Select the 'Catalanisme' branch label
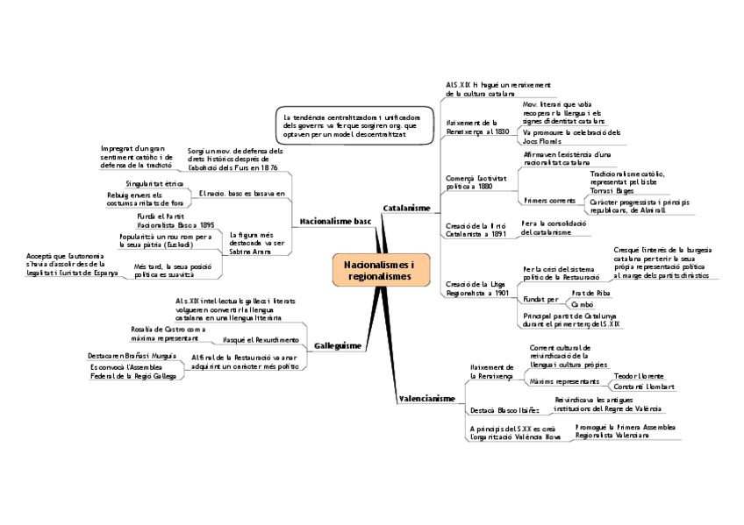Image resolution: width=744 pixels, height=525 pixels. pyautogui.click(x=406, y=208)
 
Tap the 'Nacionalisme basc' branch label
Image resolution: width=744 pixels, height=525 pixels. pyautogui.click(x=335, y=223)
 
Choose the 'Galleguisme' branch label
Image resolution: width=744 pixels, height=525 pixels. pyautogui.click(x=337, y=346)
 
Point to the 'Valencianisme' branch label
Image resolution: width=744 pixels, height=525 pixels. pyautogui.click(x=426, y=399)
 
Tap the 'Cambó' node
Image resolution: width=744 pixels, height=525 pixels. pyautogui.click(x=582, y=305)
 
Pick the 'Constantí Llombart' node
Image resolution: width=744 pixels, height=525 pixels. pyautogui.click(x=644, y=387)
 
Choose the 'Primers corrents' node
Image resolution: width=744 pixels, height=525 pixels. pyautogui.click(x=543, y=201)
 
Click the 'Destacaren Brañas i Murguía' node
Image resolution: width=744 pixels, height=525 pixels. pyautogui.click(x=132, y=356)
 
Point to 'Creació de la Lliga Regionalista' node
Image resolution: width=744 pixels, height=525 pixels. pyautogui.click(x=476, y=288)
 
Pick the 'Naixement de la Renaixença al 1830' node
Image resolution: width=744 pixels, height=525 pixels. pyautogui.click(x=477, y=126)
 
